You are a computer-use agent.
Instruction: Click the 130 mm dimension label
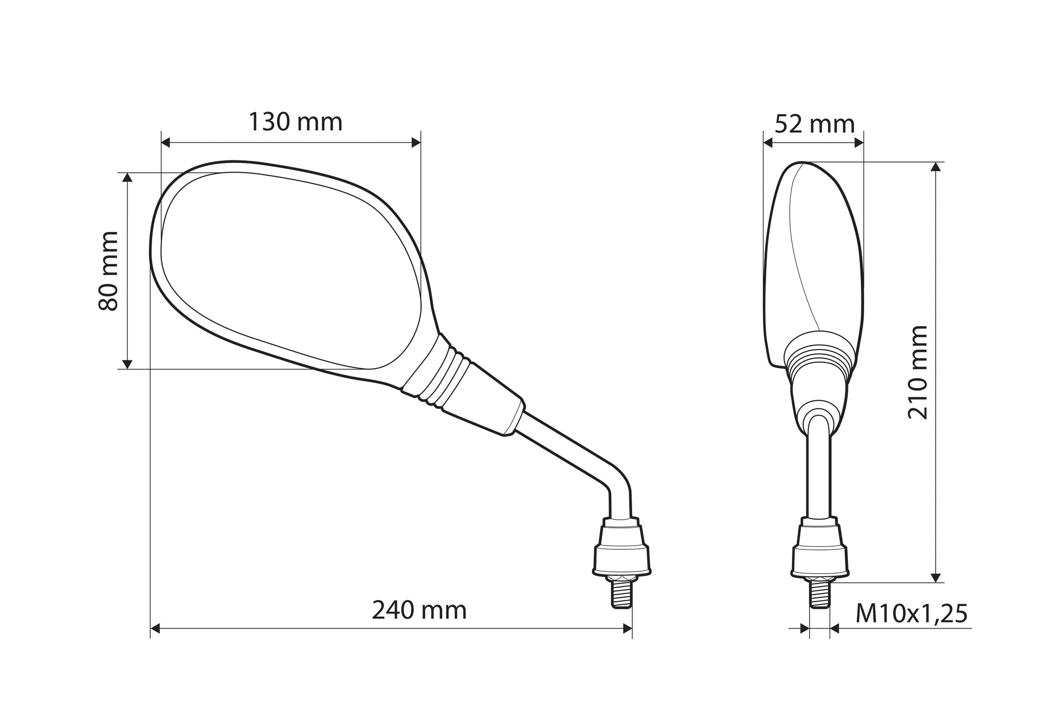[x=295, y=123]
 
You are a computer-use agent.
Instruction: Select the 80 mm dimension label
[x=109, y=271]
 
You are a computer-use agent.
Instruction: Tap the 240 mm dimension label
[x=419, y=611]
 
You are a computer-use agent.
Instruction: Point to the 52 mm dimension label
[x=815, y=125]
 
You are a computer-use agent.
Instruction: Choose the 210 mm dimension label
[x=918, y=372]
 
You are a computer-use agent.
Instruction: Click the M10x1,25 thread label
[x=911, y=614]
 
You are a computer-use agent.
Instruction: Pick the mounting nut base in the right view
[x=819, y=546]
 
